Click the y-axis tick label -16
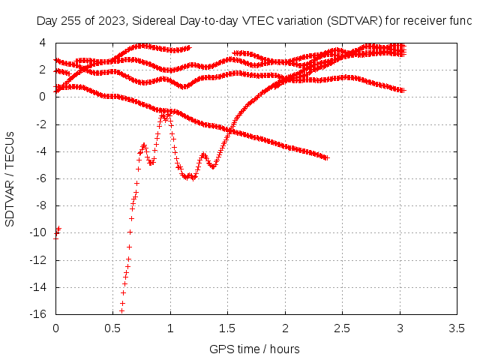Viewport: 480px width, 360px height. click(x=37, y=314)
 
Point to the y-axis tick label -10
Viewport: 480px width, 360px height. click(x=37, y=232)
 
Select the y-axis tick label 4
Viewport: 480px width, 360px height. click(x=42, y=43)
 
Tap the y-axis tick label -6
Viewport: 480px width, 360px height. click(x=41, y=178)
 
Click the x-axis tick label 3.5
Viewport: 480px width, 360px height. click(x=457, y=328)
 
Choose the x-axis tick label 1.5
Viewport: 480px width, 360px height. click(x=227, y=328)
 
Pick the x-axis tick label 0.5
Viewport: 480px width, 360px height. click(x=112, y=328)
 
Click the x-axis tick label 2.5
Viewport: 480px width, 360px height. click(x=342, y=328)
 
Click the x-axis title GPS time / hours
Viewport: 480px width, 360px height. click(x=254, y=349)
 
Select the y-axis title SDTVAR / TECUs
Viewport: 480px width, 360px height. click(x=10, y=179)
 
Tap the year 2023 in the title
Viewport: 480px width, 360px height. click(x=112, y=21)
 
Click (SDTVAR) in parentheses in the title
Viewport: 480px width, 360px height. click(x=355, y=21)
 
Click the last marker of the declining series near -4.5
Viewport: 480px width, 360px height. click(x=327, y=158)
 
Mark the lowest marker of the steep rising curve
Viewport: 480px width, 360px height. click(x=121, y=311)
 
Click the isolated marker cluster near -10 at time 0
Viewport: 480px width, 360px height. click(x=57, y=233)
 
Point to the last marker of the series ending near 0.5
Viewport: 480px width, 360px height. click(x=403, y=91)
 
